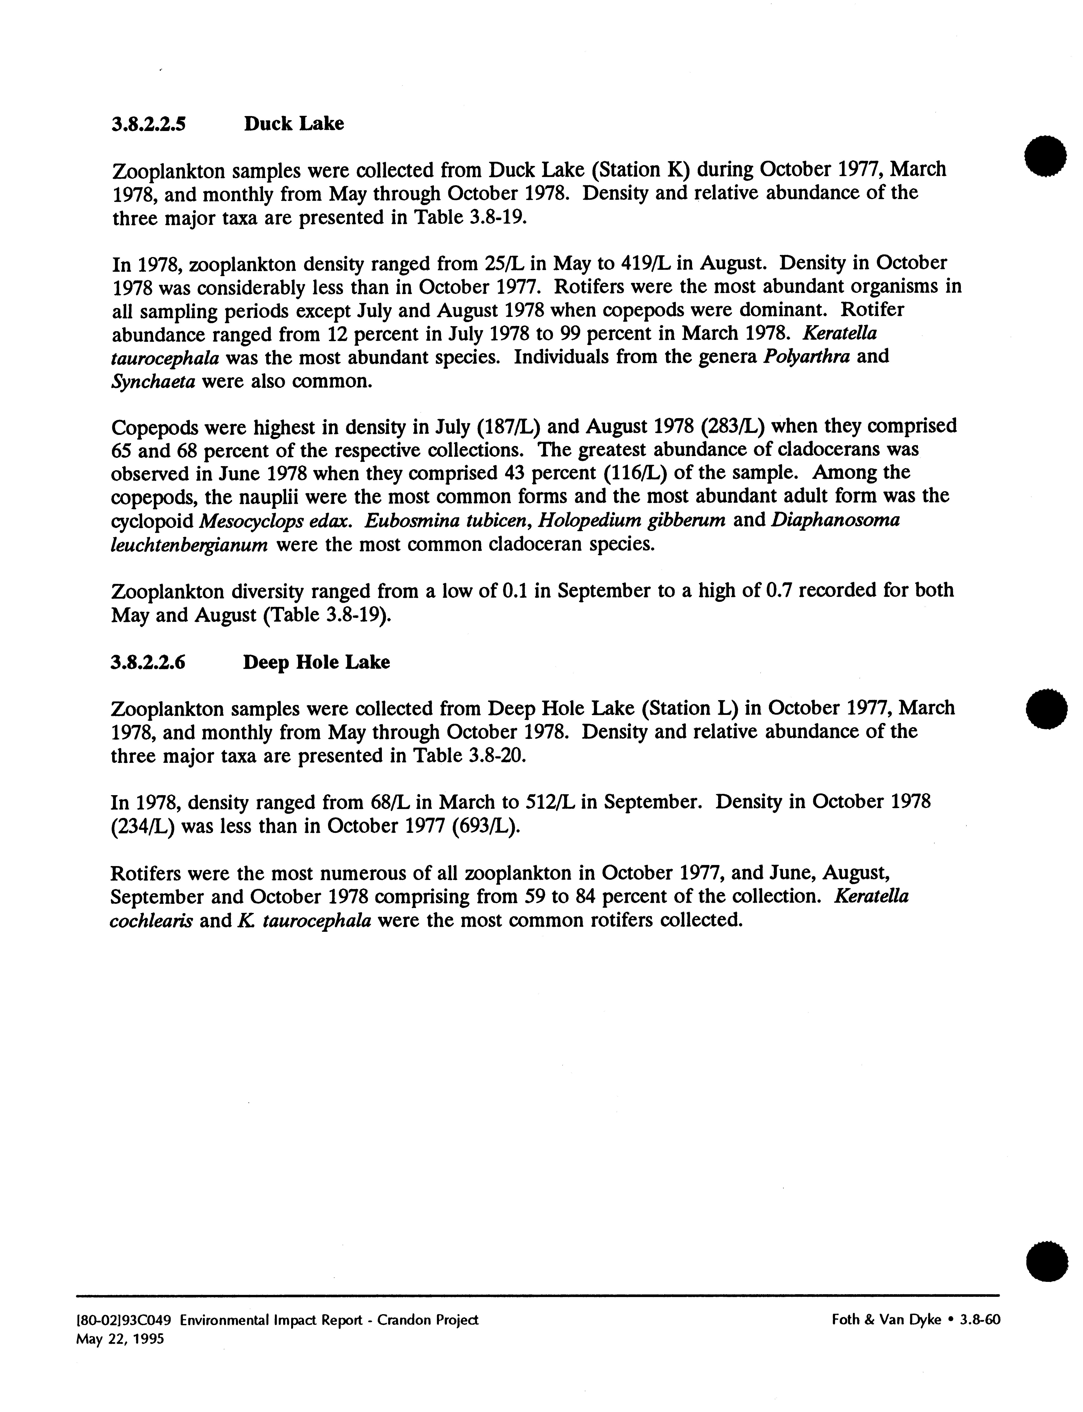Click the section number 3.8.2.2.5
pos(149,124)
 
